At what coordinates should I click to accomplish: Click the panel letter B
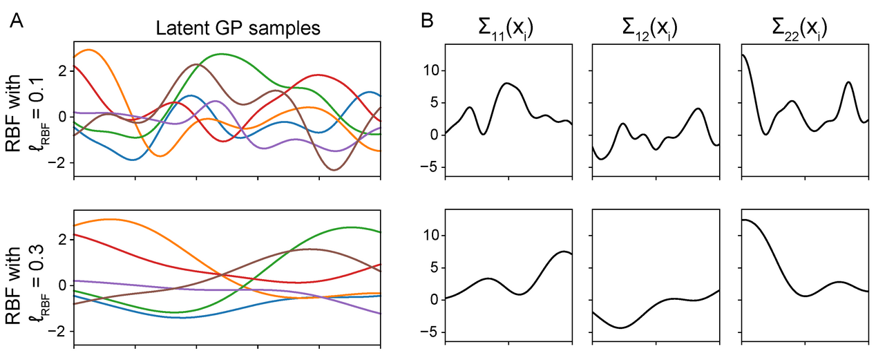click(428, 22)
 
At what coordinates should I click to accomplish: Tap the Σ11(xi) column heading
click(508, 29)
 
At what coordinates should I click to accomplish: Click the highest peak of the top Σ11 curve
click(508, 83)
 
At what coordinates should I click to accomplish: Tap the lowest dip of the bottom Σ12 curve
click(620, 328)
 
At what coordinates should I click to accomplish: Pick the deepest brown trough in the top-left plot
click(334, 170)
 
